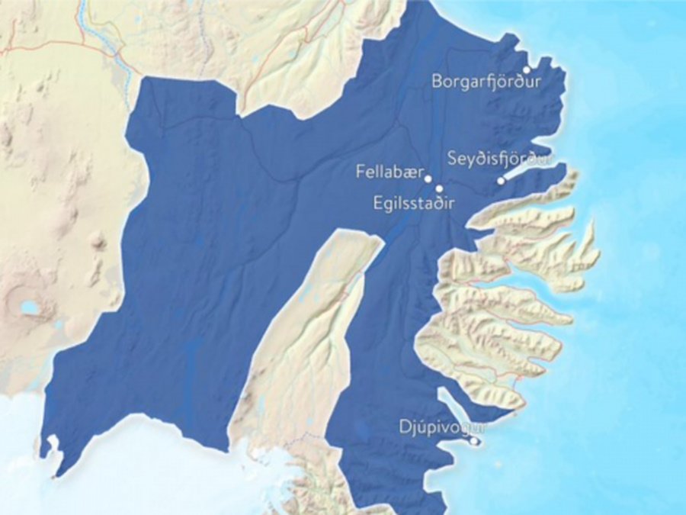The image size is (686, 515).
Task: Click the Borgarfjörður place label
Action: pyautogui.click(x=482, y=81)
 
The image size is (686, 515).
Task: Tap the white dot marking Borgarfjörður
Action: pyautogui.click(x=527, y=69)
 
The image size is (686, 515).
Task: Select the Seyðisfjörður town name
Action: pyautogui.click(x=499, y=159)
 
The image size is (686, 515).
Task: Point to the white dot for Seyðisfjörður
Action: pyautogui.click(x=501, y=181)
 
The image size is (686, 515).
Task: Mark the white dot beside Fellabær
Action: pyautogui.click(x=428, y=179)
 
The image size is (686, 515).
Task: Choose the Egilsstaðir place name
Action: pyautogui.click(x=414, y=204)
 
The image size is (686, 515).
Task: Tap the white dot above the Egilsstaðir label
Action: pyautogui.click(x=439, y=188)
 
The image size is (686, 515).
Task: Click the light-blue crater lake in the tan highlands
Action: pyautogui.click(x=30, y=307)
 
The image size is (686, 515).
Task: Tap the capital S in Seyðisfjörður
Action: pyautogui.click(x=453, y=159)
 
